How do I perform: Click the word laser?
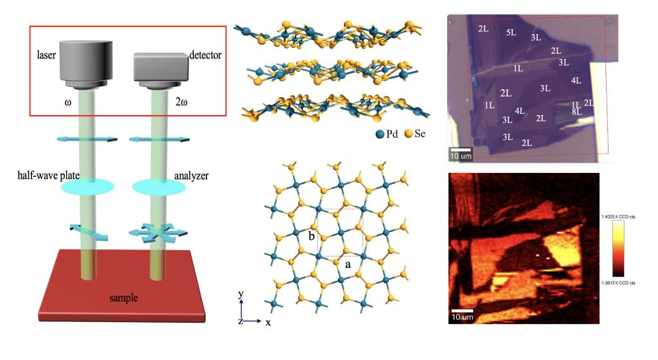pos(48,57)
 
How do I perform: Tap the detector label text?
pos(205,56)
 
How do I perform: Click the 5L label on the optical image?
pos(511,33)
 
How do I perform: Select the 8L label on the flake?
pos(576,112)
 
